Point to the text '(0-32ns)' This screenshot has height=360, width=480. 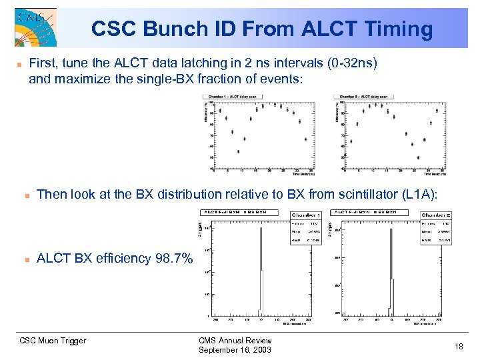tap(353, 63)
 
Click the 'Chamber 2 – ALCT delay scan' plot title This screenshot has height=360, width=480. tap(365, 97)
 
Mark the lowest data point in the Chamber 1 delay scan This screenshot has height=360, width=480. tap(239, 151)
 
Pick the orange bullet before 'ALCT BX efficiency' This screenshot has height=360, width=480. tap(26, 259)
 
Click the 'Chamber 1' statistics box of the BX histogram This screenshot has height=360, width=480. tap(306, 227)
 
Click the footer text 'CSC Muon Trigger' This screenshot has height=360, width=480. tap(53, 341)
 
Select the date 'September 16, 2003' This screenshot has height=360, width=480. tap(235, 350)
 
